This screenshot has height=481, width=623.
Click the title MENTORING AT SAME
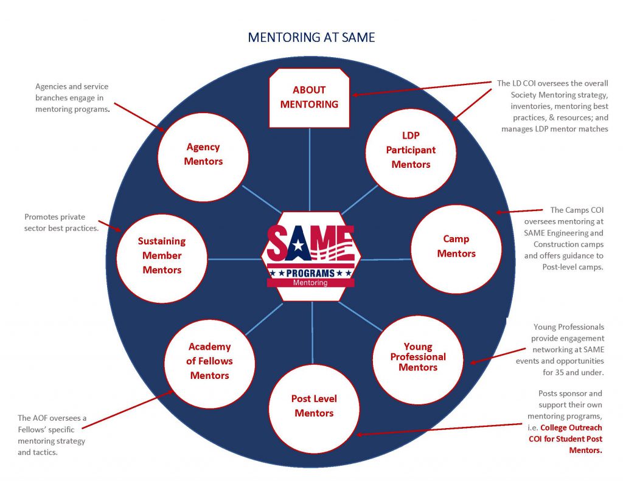[x=311, y=38]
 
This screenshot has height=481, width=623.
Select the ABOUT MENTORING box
[x=310, y=97]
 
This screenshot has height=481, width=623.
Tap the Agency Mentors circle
[x=203, y=154]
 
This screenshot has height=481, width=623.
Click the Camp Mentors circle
[x=456, y=247]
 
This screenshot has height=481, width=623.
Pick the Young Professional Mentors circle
[x=418, y=357]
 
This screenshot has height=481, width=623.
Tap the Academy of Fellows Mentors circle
[x=209, y=361]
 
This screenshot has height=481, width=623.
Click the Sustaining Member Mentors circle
[x=161, y=256]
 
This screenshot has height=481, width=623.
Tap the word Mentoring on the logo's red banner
[x=310, y=283]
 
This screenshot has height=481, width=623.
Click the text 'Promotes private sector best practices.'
[x=61, y=223]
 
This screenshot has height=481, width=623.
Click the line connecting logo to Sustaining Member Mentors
[x=234, y=259]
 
